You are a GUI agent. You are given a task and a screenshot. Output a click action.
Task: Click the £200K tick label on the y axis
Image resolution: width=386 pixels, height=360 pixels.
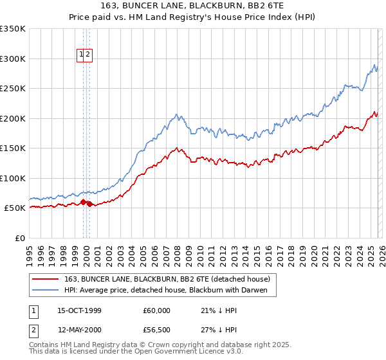[x=13, y=118]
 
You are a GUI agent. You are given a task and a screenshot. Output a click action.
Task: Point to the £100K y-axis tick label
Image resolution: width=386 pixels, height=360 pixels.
[x=13, y=178]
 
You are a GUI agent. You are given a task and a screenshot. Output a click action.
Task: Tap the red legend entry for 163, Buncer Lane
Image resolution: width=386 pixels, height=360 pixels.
[x=170, y=279]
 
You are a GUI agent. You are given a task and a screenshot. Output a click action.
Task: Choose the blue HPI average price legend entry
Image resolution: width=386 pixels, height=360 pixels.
[x=170, y=290]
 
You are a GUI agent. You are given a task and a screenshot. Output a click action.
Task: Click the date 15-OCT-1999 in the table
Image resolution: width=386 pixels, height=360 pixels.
[x=79, y=310]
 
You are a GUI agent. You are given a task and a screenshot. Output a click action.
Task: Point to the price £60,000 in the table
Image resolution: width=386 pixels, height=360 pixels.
[x=156, y=310]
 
